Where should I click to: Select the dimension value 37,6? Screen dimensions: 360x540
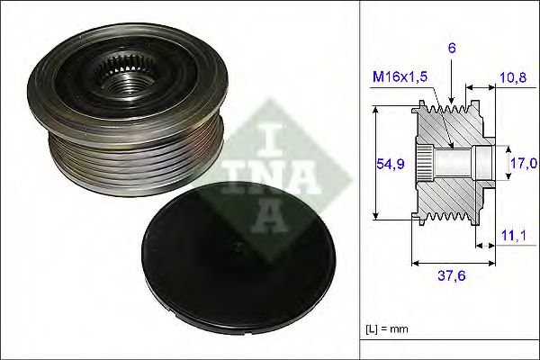coord(449,278)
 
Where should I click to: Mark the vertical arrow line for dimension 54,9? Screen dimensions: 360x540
coord(375,163)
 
